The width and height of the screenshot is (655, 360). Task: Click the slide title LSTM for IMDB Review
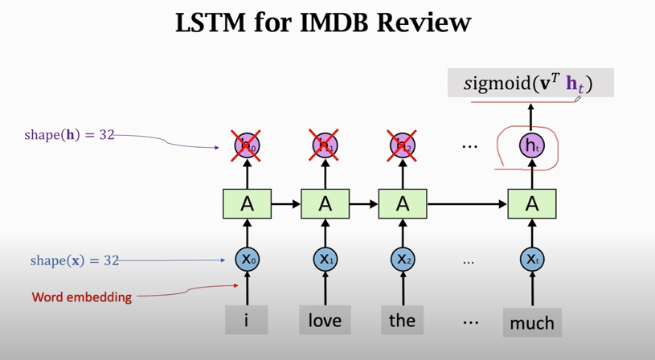coord(322,22)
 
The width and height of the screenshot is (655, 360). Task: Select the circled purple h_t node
coord(530,145)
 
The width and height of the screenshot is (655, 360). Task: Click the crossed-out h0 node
coord(247,145)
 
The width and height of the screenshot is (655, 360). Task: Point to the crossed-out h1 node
coord(325,145)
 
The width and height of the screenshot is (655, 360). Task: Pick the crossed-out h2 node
coord(402,145)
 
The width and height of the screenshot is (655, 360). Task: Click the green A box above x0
coord(247,204)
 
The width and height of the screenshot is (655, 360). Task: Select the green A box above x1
coord(325,204)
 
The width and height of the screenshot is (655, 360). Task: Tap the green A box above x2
coord(402,204)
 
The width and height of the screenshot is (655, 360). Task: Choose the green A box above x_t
coord(531,204)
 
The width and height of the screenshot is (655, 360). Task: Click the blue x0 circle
coord(247,259)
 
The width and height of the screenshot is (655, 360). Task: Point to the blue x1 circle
coord(325,259)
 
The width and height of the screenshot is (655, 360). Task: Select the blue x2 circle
coord(402,259)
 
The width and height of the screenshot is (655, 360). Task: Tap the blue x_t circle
coord(531,259)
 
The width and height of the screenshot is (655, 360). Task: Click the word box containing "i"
coord(246,321)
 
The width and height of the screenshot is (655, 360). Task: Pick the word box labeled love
coord(325,321)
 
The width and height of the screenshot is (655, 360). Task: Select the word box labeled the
coord(402,321)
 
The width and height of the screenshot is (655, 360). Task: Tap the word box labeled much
coord(531,322)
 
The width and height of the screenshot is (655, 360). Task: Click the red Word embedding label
coord(82,297)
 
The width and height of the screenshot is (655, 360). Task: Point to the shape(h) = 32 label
coord(69,135)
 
